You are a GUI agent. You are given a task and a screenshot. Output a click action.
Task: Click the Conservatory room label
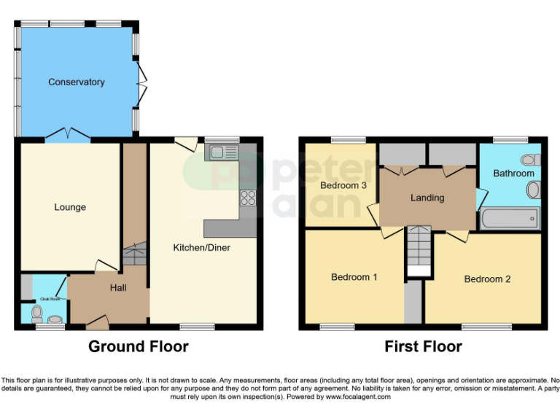coord(77,82)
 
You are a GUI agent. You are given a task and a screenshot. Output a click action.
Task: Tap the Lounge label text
coord(70,207)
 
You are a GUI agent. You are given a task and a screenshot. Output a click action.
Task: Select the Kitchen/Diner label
coord(201,248)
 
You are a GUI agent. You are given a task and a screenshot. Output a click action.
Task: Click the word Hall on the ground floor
coord(118,288)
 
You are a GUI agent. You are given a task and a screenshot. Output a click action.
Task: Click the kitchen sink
coord(223,152)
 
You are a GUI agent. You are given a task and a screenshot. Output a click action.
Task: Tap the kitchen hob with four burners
coord(248,198)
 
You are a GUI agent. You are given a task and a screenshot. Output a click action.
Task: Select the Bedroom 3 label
coord(343,185)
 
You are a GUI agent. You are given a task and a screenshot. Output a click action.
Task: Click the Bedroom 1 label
coord(354,277)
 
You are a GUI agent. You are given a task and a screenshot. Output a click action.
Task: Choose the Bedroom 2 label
coord(488,279)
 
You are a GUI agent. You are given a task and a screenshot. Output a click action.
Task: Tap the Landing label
coord(427,198)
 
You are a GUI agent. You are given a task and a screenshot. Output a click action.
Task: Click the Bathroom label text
coord(513,174)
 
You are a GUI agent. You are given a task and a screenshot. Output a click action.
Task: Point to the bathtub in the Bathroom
coord(510,218)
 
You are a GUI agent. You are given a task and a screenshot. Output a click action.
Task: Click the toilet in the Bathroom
coord(528,160)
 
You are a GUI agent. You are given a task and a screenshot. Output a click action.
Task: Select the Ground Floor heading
coord(139,346)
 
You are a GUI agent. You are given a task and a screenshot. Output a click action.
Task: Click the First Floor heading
coord(424,346)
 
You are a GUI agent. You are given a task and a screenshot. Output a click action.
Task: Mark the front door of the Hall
coord(96,319)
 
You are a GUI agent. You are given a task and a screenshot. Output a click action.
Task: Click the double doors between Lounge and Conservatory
coord(68,134)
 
